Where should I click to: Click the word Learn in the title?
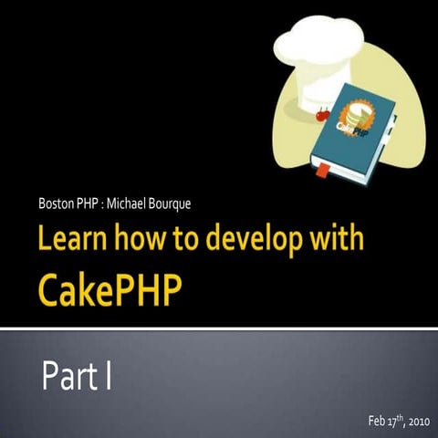[74, 241]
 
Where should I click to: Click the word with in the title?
[339, 241]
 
